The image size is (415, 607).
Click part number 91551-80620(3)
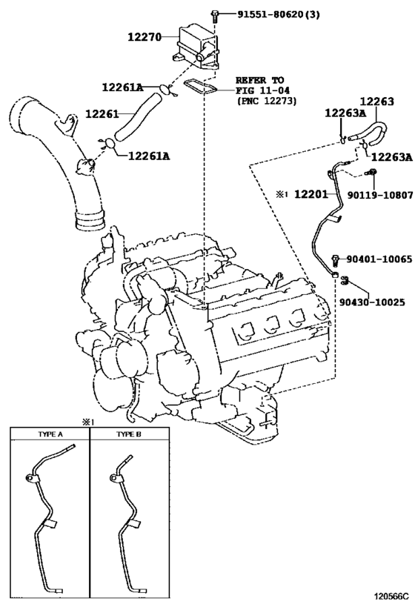(279, 15)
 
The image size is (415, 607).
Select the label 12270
(144, 37)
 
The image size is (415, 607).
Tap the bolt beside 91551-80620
(215, 16)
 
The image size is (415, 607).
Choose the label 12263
(376, 102)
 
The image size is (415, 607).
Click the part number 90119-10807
(379, 195)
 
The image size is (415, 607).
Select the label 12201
(311, 193)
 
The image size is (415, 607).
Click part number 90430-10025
(372, 302)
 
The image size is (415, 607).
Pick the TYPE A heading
(50, 434)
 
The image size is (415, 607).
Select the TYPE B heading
(129, 434)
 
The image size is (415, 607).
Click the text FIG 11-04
(262, 90)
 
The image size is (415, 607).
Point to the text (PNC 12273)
(266, 101)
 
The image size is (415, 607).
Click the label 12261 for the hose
(102, 114)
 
